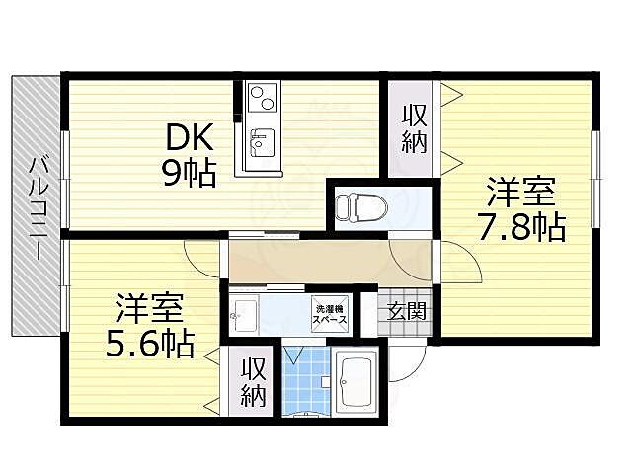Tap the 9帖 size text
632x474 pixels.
(x=190, y=175)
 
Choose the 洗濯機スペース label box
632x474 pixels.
(x=330, y=312)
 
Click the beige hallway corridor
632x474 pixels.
(x=306, y=261)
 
